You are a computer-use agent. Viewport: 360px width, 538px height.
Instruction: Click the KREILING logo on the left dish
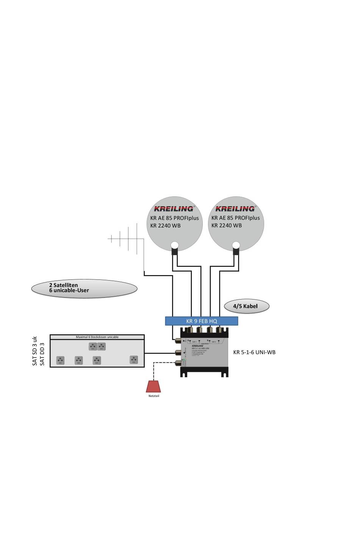pos(174,209)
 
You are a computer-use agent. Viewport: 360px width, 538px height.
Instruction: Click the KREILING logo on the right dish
pos(235,209)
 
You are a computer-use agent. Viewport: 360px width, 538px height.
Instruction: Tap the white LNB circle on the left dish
pos(175,245)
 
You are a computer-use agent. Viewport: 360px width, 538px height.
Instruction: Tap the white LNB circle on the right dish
pos(236,245)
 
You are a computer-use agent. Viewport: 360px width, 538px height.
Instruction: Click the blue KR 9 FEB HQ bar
pos(202,321)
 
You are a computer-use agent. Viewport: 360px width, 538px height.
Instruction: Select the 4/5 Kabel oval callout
pos(247,306)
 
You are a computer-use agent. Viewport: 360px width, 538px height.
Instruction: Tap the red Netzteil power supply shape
pos(153,386)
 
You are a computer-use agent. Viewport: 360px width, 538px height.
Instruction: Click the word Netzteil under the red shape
pos(153,396)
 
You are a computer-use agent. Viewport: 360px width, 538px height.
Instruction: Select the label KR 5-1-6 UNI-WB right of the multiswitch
pos(254,352)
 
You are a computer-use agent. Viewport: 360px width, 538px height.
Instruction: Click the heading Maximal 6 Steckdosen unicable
pos(97,337)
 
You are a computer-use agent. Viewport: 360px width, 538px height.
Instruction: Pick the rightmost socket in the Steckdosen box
pos(133,359)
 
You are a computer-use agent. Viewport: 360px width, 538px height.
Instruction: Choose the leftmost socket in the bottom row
pos(60,360)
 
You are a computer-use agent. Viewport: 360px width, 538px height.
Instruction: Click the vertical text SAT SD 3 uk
pos(35,351)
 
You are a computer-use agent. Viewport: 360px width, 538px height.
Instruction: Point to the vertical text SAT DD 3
pos(42,354)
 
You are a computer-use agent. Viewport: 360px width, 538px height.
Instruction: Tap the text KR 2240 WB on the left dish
pos(165,226)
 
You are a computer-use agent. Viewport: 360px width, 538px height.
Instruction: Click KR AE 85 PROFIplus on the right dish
pos(236,218)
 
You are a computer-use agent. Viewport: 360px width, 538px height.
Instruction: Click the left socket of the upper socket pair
pos(93,346)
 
